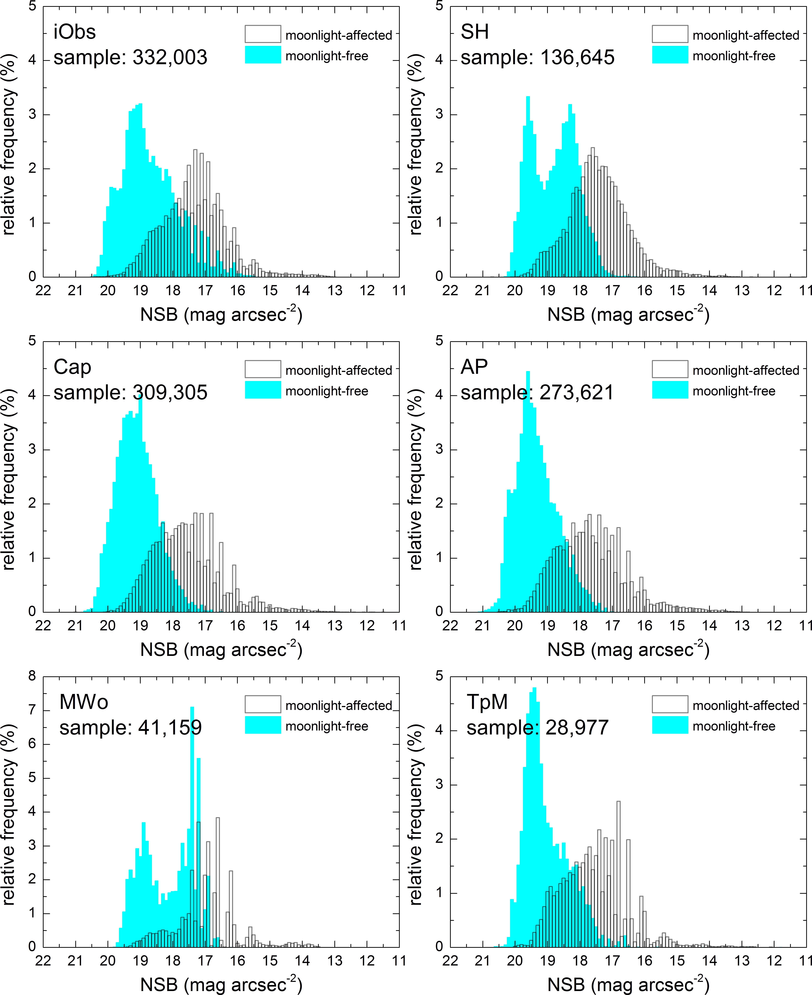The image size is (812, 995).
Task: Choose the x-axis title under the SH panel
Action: pos(628,315)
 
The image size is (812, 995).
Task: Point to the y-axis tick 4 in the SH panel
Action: pos(439,60)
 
